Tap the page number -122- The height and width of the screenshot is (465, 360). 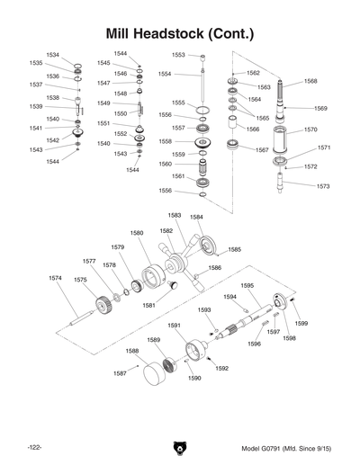pyautogui.click(x=35, y=447)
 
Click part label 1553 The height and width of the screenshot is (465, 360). pyautogui.click(x=179, y=55)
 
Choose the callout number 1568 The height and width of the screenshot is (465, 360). pyautogui.click(x=310, y=81)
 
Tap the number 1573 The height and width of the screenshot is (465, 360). pyautogui.click(x=322, y=186)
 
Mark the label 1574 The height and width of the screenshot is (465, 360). pyautogui.click(x=56, y=278)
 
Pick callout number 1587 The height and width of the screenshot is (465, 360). pyautogui.click(x=120, y=372)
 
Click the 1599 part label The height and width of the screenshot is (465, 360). pyautogui.click(x=301, y=323)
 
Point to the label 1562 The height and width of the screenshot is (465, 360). pyautogui.click(x=253, y=72)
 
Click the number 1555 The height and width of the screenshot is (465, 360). pyautogui.click(x=178, y=103)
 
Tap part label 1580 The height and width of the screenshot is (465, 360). pyautogui.click(x=136, y=233)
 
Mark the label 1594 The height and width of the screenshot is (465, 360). pyautogui.click(x=229, y=296)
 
